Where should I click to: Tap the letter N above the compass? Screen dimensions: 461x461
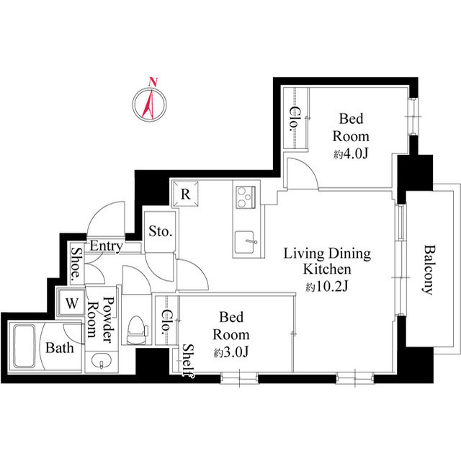(151, 81)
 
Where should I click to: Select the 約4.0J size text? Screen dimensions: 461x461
(351, 155)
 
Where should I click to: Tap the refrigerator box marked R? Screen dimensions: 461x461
(185, 194)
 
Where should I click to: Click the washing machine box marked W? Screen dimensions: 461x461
(72, 303)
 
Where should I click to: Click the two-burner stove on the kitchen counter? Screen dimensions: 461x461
(244, 195)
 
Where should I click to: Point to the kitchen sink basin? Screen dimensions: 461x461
(245, 240)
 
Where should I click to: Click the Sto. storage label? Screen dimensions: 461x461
(160, 232)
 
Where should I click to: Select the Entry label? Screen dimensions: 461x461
(106, 246)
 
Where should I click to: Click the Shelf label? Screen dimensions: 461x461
(188, 360)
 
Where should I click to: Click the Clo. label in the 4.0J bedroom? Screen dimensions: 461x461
(295, 119)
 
